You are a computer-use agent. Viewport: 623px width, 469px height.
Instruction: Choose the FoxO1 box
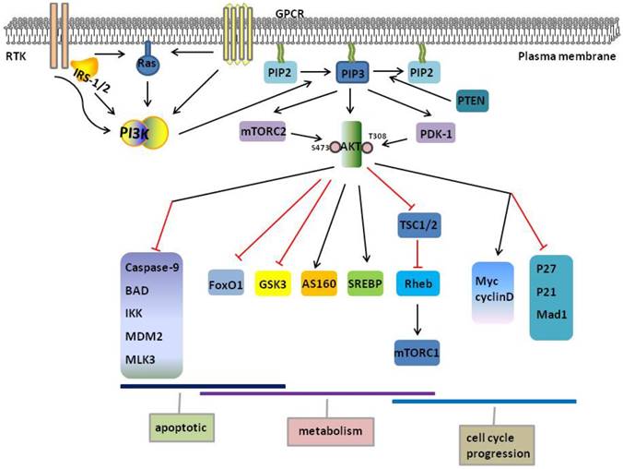[x=227, y=283]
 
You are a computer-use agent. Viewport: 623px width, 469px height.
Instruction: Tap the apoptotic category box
[x=180, y=427]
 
